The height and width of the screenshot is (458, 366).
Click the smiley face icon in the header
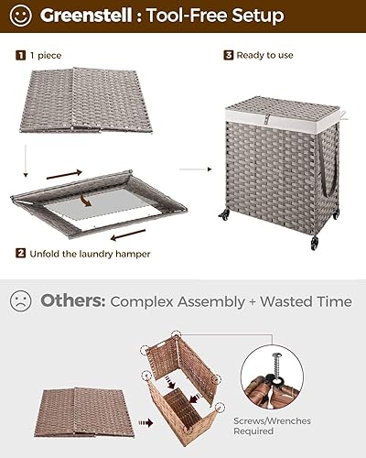[22, 16]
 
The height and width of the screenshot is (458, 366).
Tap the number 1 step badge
[19, 55]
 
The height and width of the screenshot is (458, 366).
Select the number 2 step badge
[19, 252]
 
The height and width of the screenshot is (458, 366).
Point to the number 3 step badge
[229, 55]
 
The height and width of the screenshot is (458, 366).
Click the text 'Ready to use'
[265, 55]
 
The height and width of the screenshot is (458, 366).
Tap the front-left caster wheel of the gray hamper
[224, 216]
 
